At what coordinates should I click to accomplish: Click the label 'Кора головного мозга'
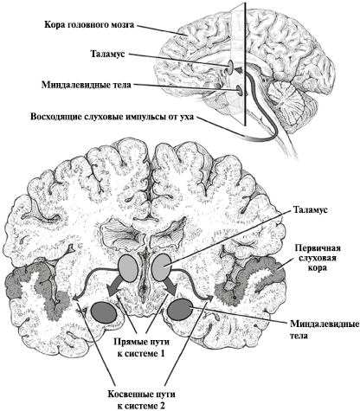[x=89, y=25]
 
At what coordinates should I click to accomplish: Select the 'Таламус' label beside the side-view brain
[x=108, y=54]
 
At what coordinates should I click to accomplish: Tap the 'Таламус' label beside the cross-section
[x=311, y=209]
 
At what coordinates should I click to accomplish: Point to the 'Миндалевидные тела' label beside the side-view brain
[x=87, y=85]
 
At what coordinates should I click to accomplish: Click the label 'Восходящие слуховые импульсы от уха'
[x=112, y=117]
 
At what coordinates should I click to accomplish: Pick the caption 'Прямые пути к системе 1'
[x=141, y=348]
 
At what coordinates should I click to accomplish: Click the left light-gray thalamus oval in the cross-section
[x=128, y=268]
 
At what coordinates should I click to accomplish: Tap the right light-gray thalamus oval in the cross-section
[x=162, y=268]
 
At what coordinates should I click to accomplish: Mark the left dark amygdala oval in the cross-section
[x=105, y=312]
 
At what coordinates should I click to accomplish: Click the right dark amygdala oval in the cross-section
[x=181, y=310]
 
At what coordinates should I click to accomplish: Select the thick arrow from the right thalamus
[x=170, y=286]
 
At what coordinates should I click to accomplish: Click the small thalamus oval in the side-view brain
[x=231, y=67]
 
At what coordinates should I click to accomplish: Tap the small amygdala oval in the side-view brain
[x=240, y=90]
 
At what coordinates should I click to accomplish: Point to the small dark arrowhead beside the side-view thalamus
[x=239, y=70]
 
